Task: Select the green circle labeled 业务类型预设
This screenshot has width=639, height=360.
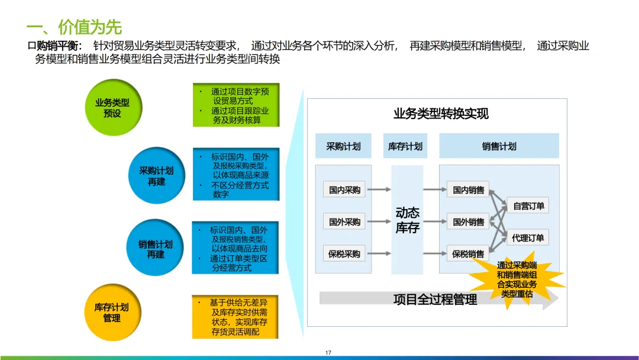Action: tap(112, 108)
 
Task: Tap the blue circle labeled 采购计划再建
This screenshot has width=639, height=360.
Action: tap(156, 176)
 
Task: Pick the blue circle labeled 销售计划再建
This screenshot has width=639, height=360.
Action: tap(156, 249)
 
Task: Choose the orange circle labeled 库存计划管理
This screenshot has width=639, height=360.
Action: tap(112, 313)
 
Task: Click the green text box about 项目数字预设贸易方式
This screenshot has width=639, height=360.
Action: tap(235, 105)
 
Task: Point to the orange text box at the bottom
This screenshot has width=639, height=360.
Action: tap(235, 317)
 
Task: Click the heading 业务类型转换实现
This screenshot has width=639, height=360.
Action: tap(441, 114)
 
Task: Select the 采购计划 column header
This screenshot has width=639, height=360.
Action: tap(343, 146)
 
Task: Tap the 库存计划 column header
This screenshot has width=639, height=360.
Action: tap(405, 146)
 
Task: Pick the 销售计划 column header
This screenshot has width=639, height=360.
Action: tap(499, 146)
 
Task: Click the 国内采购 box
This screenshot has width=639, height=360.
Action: tap(344, 190)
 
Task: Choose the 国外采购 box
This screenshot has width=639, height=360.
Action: tap(344, 222)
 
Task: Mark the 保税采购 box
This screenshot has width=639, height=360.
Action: tap(344, 254)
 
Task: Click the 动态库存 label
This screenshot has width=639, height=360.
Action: tap(407, 220)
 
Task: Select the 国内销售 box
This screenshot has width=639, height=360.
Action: tap(468, 190)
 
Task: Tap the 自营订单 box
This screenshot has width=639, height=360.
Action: tap(528, 206)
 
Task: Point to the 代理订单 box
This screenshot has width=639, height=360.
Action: tap(528, 238)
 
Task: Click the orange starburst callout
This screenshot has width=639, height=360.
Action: tap(517, 279)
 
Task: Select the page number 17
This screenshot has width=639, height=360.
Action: tap(328, 353)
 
